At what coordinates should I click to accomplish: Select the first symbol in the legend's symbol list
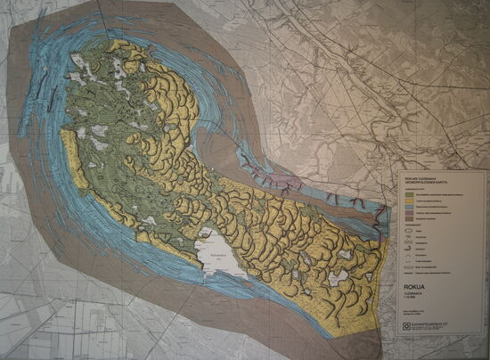pyautogui.click(x=409, y=231)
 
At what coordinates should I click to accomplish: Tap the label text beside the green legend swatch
pyautogui.click(x=437, y=194)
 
